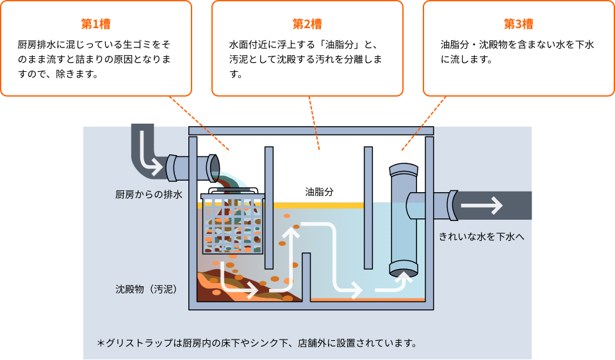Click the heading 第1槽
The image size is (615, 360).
point(96,24)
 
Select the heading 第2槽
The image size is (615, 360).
point(307,24)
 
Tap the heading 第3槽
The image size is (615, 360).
point(518,24)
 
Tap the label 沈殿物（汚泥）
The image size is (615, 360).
point(147,289)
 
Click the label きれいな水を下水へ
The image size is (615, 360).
point(482,236)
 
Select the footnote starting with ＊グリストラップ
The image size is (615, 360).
point(257,343)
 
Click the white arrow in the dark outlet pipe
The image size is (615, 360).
point(482,206)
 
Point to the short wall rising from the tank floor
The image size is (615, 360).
point(306,275)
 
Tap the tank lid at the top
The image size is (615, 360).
point(311,131)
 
